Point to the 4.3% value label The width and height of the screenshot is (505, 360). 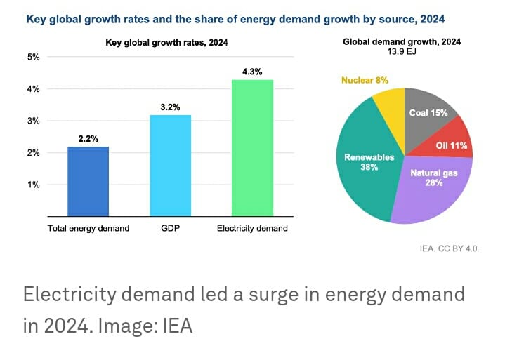(252, 72)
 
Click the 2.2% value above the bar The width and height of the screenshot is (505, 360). (88, 139)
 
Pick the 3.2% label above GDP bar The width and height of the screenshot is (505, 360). (170, 107)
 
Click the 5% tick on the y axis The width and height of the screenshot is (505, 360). (33, 57)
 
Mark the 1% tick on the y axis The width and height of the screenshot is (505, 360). (33, 185)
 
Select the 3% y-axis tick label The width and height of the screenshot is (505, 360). (33, 121)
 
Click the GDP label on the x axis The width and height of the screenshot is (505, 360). (170, 229)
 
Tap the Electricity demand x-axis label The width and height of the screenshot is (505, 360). (252, 229)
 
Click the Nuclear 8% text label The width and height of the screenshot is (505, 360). (365, 81)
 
